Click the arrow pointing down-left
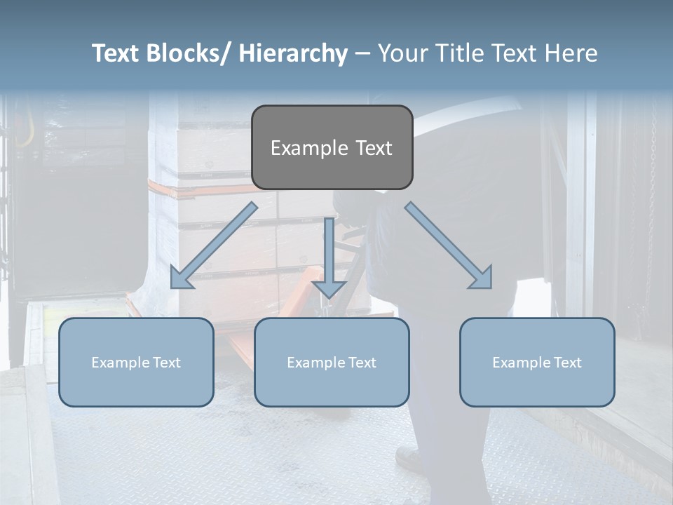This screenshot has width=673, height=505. pyautogui.click(x=214, y=245)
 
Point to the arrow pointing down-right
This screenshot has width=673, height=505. pyautogui.click(x=449, y=245)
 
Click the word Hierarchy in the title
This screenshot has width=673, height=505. pyautogui.click(x=293, y=53)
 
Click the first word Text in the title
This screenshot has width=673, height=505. pyautogui.click(x=116, y=53)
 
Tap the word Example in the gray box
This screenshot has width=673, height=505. pyautogui.click(x=307, y=148)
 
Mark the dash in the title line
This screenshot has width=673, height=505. pyautogui.click(x=362, y=53)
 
